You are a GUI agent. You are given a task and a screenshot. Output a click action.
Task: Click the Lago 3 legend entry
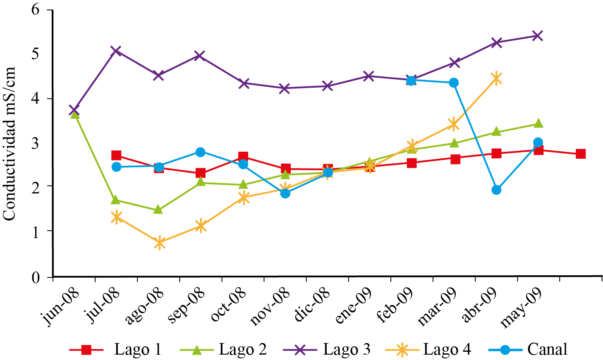327,349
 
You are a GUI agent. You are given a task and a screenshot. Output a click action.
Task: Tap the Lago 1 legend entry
116,349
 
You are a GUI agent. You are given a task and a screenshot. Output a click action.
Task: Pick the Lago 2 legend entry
223,349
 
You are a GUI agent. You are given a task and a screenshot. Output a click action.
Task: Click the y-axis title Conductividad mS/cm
9,143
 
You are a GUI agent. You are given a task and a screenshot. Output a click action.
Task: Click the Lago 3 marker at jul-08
116,51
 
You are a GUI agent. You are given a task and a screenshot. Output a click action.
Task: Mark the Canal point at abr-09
496,190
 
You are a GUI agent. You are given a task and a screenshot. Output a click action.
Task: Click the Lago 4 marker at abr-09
496,78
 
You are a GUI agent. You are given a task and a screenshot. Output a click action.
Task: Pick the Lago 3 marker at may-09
538,36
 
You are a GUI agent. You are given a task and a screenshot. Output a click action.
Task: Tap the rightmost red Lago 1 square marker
580,154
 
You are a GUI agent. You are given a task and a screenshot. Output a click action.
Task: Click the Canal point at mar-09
454,83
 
